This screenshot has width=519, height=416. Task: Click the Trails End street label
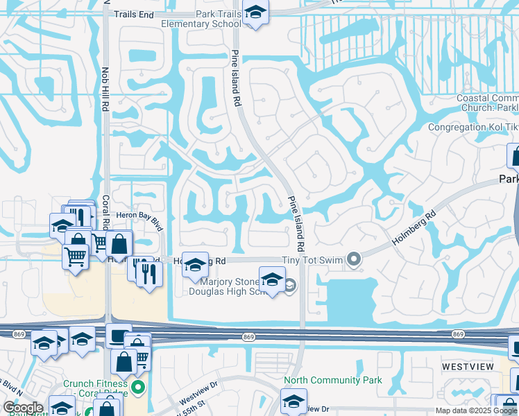[x=133, y=14]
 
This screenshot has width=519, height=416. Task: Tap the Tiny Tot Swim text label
[x=313, y=260]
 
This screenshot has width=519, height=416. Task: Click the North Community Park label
[x=334, y=380]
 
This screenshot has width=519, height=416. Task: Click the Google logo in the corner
[x=23, y=408]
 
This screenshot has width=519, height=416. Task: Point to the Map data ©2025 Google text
[x=476, y=410]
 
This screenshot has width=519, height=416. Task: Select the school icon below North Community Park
[x=293, y=401]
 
